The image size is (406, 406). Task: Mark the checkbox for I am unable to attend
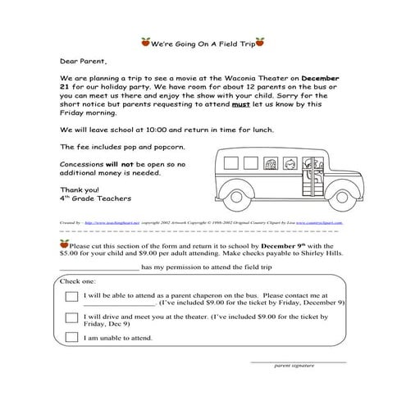pos(71,337)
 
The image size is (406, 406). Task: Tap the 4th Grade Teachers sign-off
pos(95,198)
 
